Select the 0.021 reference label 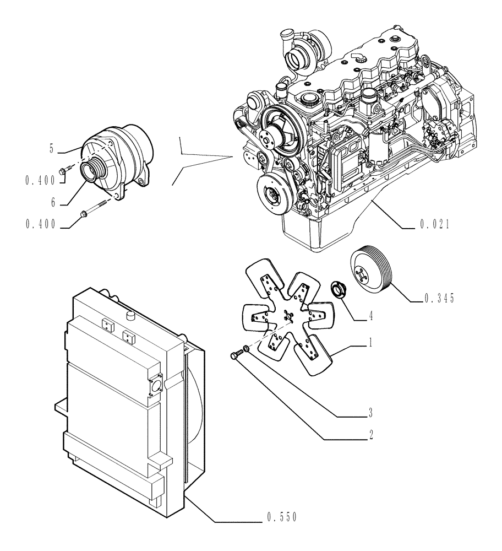pyautogui.click(x=435, y=225)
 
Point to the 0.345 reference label pyautogui.click(x=439, y=299)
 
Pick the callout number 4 pyautogui.click(x=372, y=317)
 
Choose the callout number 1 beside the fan pyautogui.click(x=370, y=343)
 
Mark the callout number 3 pyautogui.click(x=370, y=412)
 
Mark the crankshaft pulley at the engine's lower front pyautogui.click(x=273, y=194)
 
